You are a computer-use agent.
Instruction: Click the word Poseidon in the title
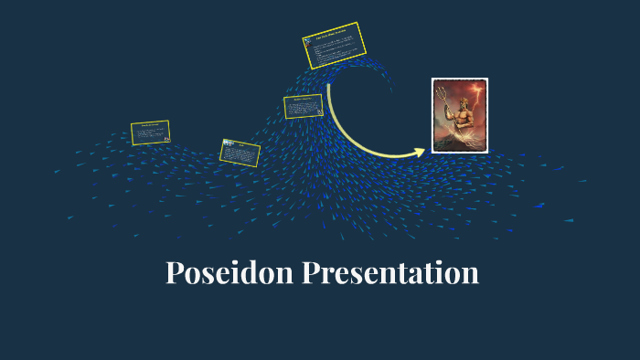(x=230, y=273)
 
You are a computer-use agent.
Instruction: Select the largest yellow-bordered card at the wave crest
(x=335, y=46)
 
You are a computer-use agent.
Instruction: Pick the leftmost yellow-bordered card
(x=150, y=132)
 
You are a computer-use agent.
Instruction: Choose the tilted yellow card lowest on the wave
(x=240, y=153)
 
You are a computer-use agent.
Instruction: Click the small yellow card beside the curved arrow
(x=304, y=106)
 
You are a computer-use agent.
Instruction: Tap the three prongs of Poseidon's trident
(x=441, y=90)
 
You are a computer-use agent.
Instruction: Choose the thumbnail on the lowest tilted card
(x=228, y=144)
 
